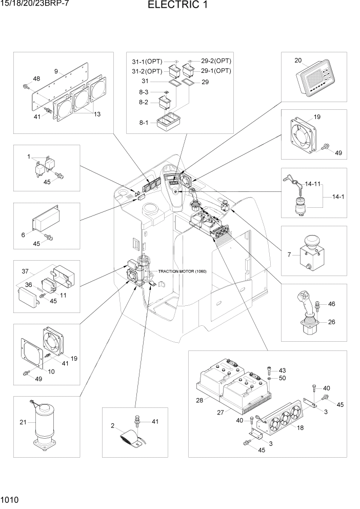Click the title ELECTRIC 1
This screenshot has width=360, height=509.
(x=179, y=6)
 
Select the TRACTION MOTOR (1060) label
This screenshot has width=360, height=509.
(x=182, y=271)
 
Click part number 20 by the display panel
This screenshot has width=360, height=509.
(x=298, y=60)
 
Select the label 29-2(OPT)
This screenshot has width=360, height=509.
(x=216, y=61)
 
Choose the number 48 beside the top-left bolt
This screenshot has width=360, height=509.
(x=36, y=79)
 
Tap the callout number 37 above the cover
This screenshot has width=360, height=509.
(x=24, y=270)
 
